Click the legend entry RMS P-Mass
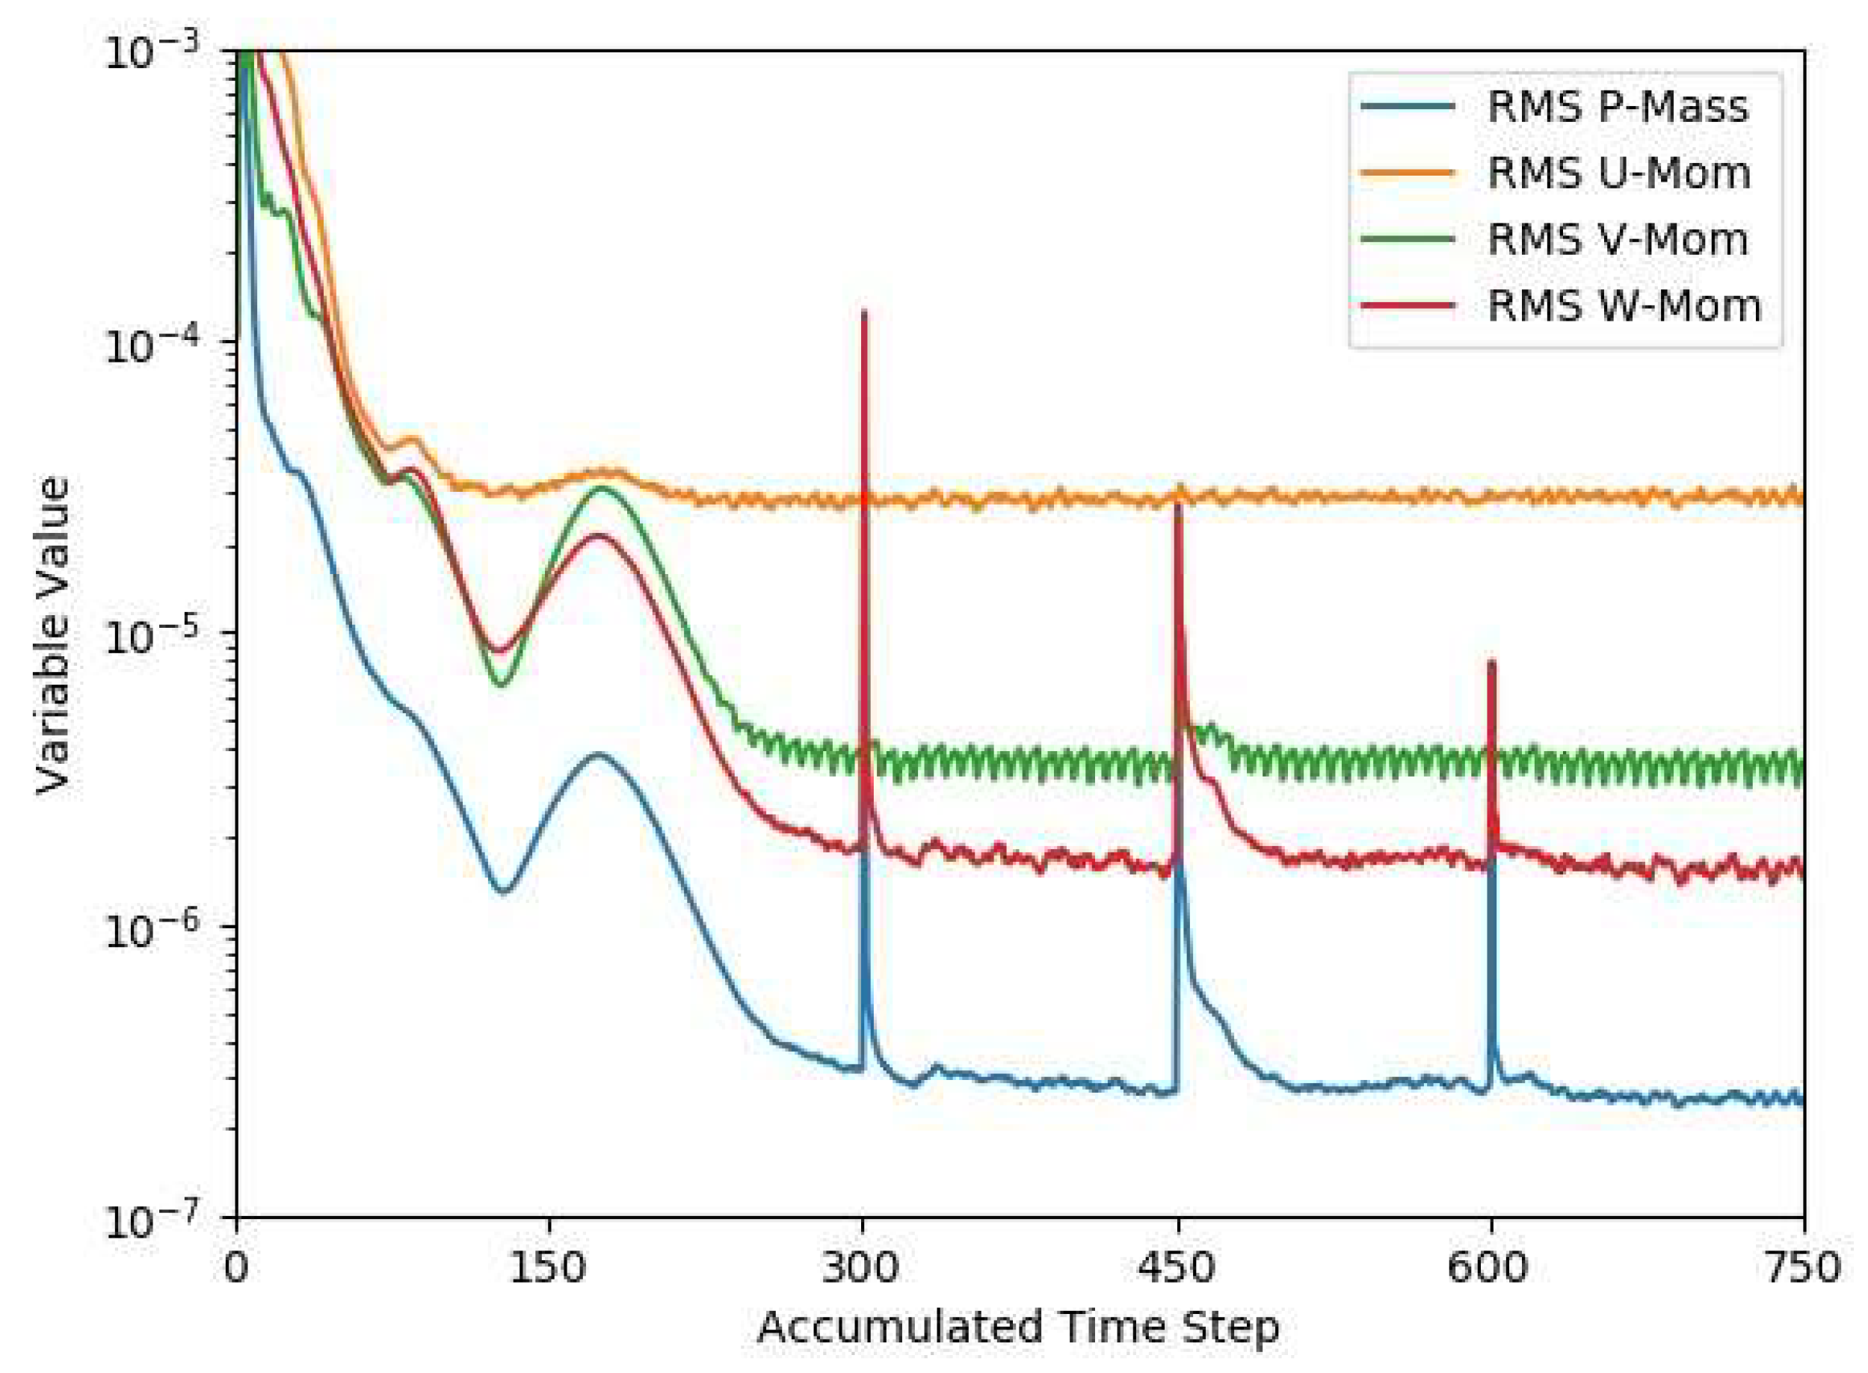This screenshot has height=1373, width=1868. pyautogui.click(x=1617, y=107)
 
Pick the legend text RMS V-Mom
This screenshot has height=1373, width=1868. pyautogui.click(x=1617, y=240)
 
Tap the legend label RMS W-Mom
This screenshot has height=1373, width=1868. pyautogui.click(x=1624, y=306)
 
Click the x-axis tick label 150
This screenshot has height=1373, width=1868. pyautogui.click(x=549, y=1269)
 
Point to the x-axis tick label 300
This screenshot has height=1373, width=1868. pyautogui.click(x=863, y=1269)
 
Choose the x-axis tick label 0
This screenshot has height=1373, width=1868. pyautogui.click(x=237, y=1269)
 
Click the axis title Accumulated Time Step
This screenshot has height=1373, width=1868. pyautogui.click(x=1019, y=1328)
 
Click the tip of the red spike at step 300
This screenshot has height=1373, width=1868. pyautogui.click(x=865, y=312)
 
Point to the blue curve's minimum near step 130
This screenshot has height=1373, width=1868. pyautogui.click(x=504, y=891)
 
